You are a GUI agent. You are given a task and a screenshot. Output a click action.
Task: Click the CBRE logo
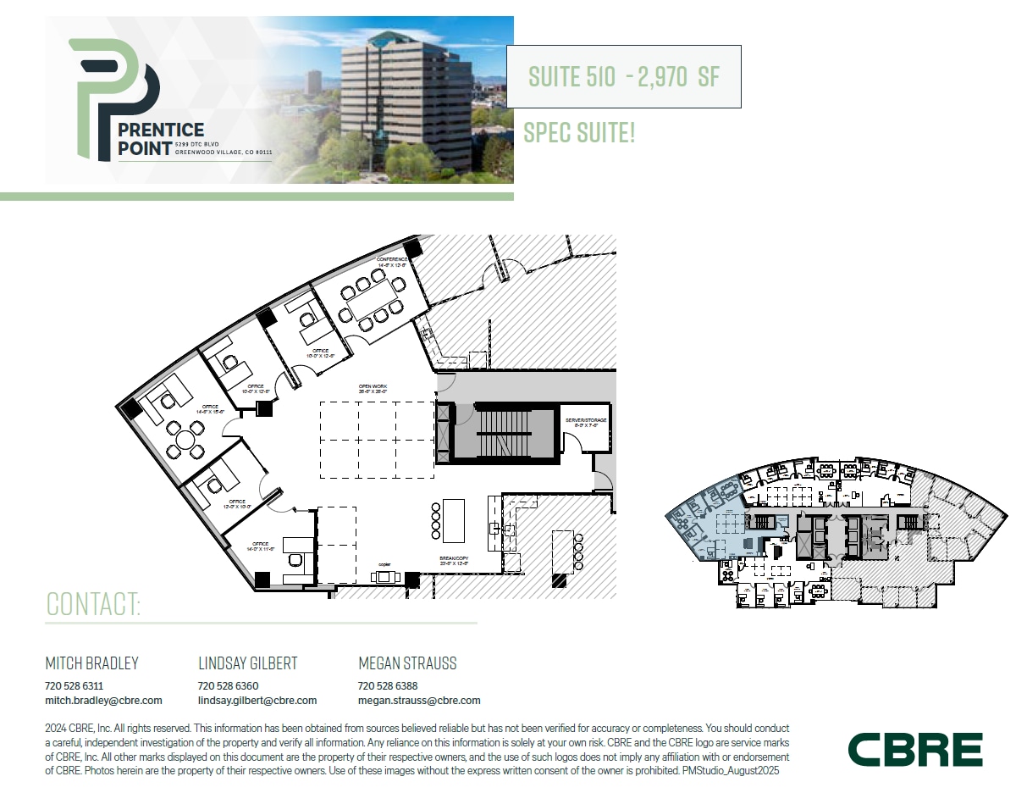point(915,750)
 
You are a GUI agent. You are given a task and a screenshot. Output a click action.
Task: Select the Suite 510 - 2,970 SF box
point(623,76)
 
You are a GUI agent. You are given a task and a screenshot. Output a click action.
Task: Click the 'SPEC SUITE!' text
point(579,132)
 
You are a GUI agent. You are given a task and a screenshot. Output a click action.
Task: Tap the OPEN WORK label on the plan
point(373,388)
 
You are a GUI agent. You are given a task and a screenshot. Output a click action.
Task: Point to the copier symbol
point(385,577)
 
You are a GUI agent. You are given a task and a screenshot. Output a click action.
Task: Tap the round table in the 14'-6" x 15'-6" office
point(184,439)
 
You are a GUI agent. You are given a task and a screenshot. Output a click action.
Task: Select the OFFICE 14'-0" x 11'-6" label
point(260,546)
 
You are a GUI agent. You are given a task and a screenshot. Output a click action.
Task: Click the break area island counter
point(454,520)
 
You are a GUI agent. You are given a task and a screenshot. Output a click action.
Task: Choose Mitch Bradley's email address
point(103,701)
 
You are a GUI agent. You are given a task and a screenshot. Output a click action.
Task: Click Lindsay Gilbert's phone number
point(228,686)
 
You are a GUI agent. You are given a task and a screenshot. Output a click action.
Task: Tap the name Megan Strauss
point(407,663)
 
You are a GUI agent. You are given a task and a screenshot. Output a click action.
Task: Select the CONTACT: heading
point(93,604)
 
